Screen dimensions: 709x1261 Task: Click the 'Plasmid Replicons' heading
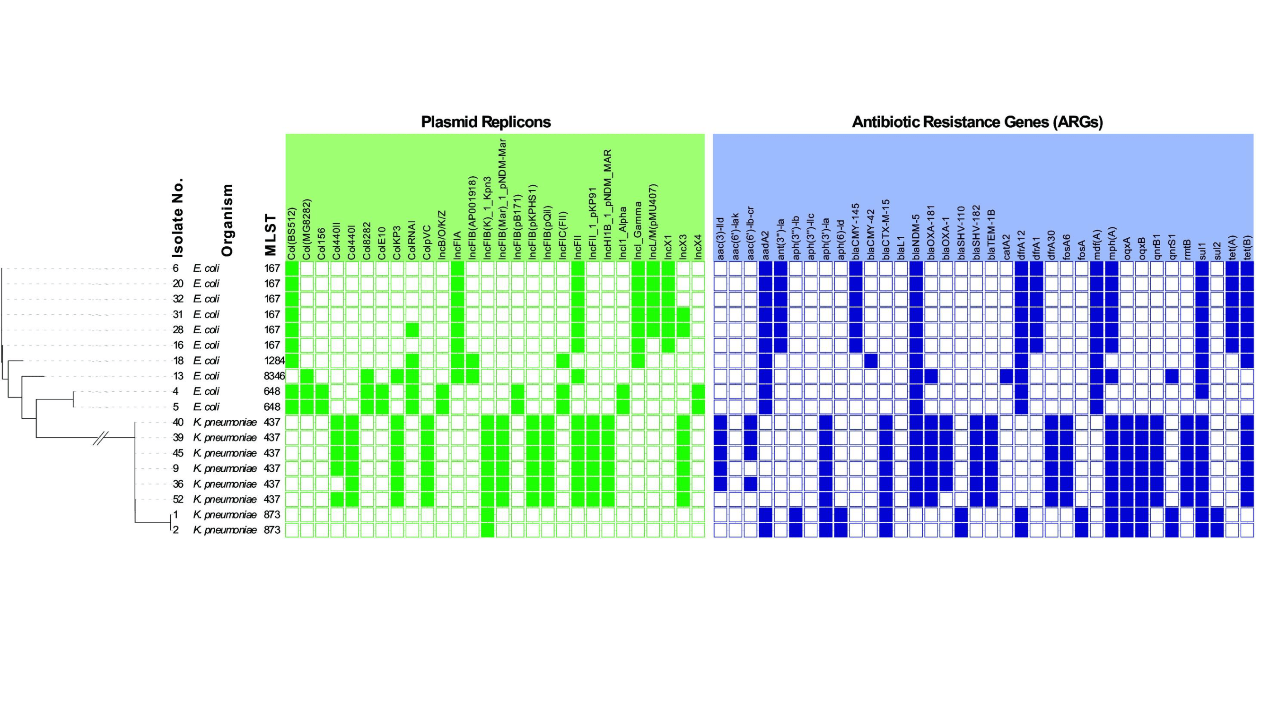tap(486, 122)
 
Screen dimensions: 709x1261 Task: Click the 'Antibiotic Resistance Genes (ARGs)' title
tap(978, 122)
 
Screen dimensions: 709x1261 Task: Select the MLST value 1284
tap(274, 361)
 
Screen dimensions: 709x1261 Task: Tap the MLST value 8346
tap(274, 376)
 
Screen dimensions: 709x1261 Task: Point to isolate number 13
tap(178, 376)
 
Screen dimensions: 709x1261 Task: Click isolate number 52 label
tap(178, 499)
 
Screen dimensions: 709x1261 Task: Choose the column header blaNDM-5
tap(916, 230)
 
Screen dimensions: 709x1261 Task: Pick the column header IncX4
tap(699, 247)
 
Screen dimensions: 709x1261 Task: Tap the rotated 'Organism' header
tap(227, 220)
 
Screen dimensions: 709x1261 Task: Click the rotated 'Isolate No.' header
tap(178, 218)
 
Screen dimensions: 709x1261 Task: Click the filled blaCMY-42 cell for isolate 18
tap(871, 361)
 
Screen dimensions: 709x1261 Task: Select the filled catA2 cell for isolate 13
tap(1007, 376)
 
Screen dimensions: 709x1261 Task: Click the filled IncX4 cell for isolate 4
tap(699, 391)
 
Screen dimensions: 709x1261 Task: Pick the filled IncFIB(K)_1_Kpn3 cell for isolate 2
tap(488, 530)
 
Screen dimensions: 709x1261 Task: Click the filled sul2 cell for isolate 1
tap(1217, 515)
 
